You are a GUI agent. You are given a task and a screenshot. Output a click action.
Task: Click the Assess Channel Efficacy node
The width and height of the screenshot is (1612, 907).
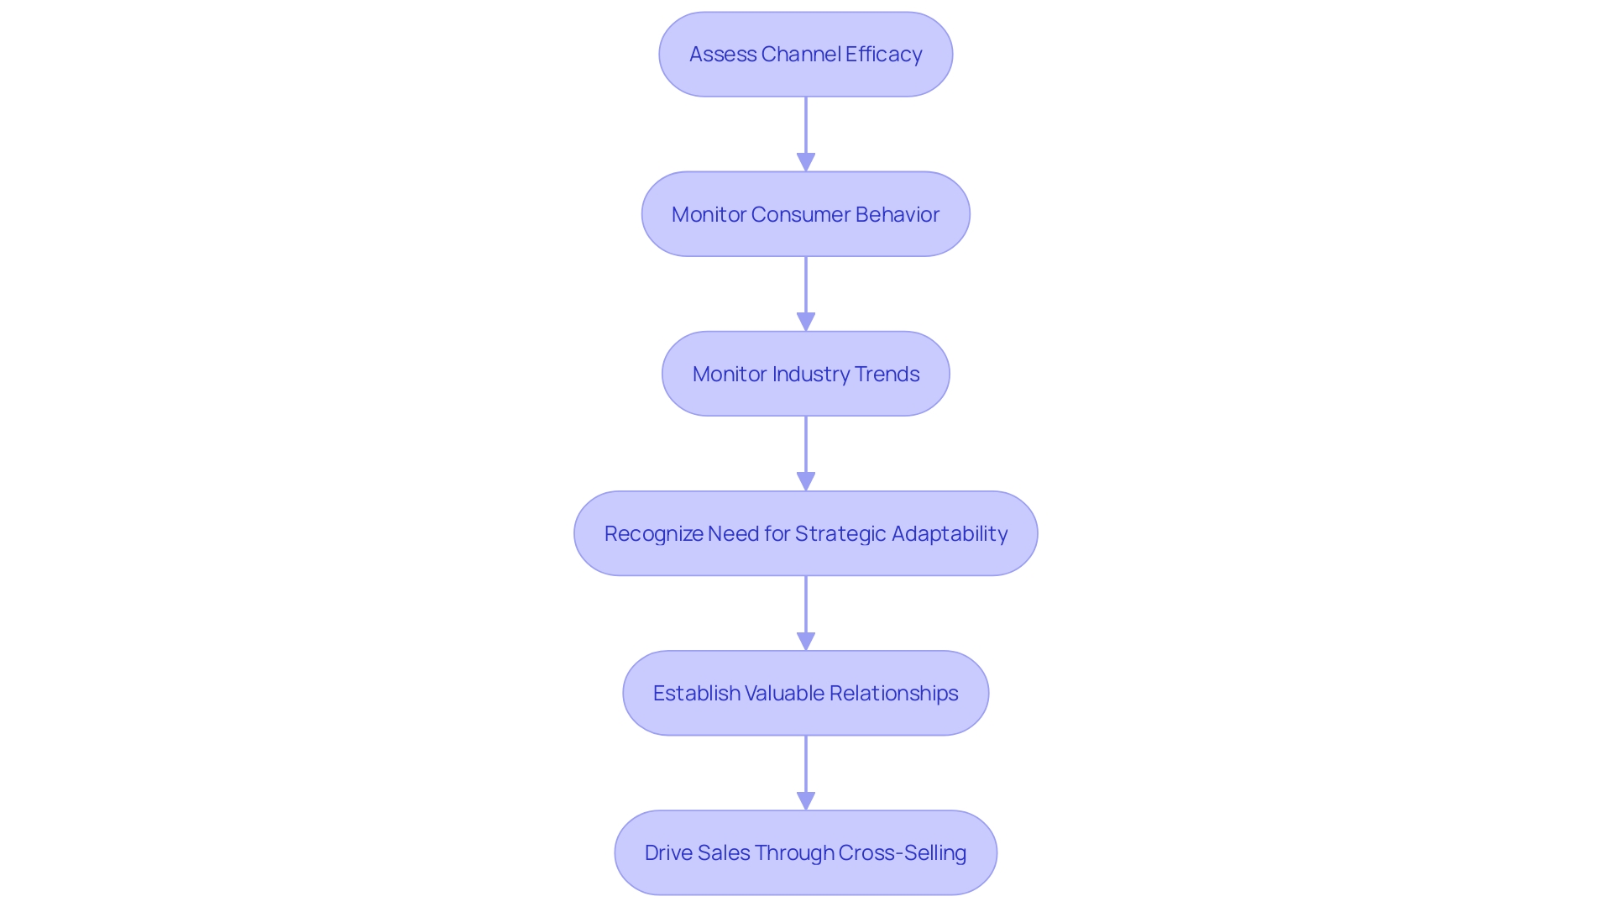tap(805, 55)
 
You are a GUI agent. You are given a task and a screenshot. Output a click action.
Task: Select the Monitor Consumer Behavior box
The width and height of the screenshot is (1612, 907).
tap(805, 214)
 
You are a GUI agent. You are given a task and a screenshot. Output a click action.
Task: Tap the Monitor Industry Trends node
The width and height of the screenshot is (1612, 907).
tap(805, 374)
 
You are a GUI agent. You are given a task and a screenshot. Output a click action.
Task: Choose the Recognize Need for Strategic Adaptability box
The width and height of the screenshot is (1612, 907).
tap(805, 533)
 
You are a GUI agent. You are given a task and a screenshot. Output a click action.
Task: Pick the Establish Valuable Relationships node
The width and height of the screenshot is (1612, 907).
tap(805, 693)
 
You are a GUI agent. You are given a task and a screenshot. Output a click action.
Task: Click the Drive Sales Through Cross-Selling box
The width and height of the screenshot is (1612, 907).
tap(805, 852)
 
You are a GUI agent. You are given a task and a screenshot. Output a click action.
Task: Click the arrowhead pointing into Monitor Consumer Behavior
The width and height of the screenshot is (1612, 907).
tap(806, 162)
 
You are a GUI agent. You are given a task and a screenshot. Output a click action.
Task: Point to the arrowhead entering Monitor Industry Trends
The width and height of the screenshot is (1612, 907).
tap(806, 322)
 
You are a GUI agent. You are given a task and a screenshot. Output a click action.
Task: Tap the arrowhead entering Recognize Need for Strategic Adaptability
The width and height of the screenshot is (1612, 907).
tap(806, 481)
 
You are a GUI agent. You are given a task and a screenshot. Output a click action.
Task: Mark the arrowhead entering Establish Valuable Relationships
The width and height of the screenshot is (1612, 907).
tap(806, 641)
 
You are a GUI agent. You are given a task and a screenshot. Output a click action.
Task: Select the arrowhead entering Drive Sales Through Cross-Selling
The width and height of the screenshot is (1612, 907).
tap(806, 800)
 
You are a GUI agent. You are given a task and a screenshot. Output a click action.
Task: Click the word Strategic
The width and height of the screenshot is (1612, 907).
tap(840, 533)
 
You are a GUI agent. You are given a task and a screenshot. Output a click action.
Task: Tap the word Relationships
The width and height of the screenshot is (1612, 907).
tap(893, 693)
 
